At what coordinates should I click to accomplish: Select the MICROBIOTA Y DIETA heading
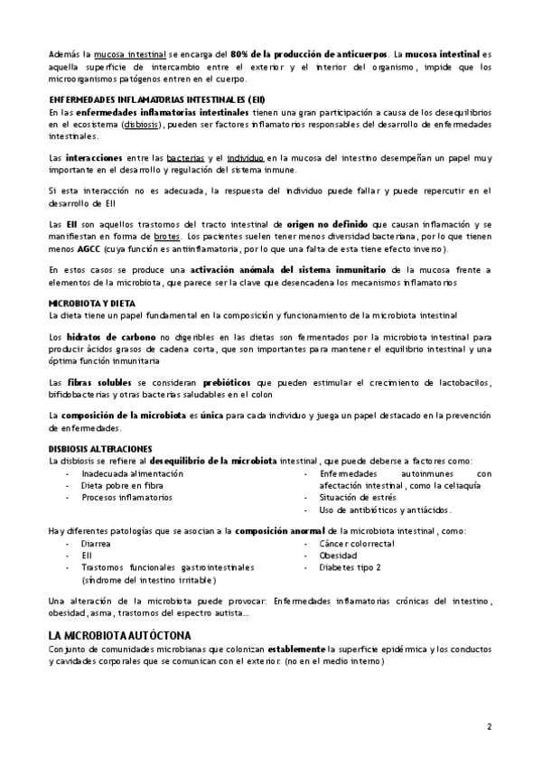tap(92, 303)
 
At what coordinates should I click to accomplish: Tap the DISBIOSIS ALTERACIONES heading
tap(100, 449)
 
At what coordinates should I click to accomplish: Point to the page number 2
tap(489, 726)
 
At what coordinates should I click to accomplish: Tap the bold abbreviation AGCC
tap(88, 248)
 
